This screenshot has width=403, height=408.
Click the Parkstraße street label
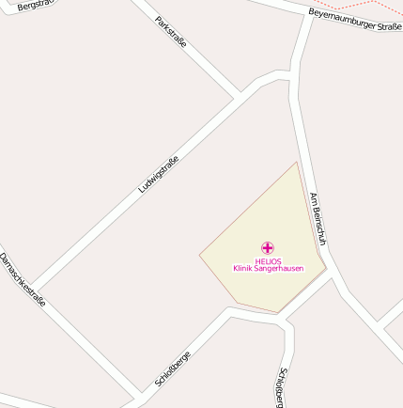(x=171, y=32)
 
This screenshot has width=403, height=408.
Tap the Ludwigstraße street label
(x=158, y=174)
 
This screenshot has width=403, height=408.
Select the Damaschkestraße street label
(x=22, y=279)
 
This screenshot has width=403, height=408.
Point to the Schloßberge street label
(x=173, y=369)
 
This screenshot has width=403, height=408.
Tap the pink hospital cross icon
(x=268, y=248)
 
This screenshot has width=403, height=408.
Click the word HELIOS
(x=268, y=261)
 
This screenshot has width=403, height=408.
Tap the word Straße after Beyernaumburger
(x=391, y=26)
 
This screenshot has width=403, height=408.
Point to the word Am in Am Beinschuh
(x=314, y=199)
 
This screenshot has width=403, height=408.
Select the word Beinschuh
(x=320, y=227)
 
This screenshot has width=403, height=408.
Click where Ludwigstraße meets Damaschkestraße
(x=35, y=288)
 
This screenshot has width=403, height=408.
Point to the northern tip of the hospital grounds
(x=297, y=163)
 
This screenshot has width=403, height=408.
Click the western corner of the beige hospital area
(x=200, y=254)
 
